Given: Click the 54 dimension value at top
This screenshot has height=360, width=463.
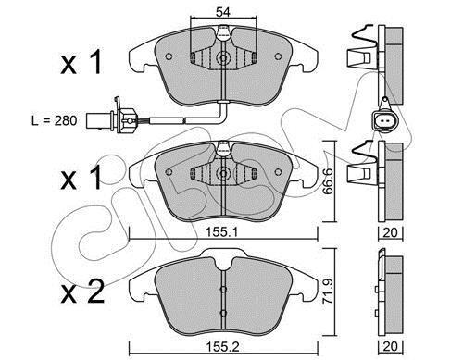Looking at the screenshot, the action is coord(223,12).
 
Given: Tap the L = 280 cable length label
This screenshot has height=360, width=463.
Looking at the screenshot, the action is coord(55,120).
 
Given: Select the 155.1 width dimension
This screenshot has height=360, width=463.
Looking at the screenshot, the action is coord(222,232).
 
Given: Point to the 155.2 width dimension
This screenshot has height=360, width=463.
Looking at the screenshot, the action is coord(222,347).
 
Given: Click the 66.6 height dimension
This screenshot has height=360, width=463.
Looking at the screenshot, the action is coord(327,181).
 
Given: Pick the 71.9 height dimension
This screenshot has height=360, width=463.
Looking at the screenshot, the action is coord(327,292).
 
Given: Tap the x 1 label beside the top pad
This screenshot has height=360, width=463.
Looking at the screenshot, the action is coord(81,63).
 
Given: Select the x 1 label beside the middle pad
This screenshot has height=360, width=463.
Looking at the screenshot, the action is coord(81,178).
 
